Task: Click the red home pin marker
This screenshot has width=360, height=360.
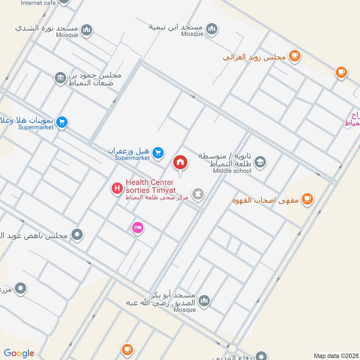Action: [x=180, y=162]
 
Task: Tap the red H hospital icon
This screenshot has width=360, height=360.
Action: [x=117, y=188]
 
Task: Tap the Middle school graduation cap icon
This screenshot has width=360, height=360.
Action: [x=260, y=162]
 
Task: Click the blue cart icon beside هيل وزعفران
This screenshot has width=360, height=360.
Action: [x=157, y=153]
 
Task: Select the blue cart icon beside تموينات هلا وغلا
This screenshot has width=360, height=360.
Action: [x=62, y=122]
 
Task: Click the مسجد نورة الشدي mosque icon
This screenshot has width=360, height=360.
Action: [x=87, y=30]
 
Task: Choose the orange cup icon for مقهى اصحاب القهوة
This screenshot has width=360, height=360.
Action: [x=307, y=198]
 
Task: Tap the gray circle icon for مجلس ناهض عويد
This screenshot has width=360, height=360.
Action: [x=77, y=234]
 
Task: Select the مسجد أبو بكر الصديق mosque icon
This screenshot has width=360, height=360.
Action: [x=204, y=300]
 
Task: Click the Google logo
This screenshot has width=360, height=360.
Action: [x=19, y=353]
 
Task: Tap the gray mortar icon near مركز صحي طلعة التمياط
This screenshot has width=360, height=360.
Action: [x=197, y=194]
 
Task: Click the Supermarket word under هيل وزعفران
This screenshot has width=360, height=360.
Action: [x=132, y=158]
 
